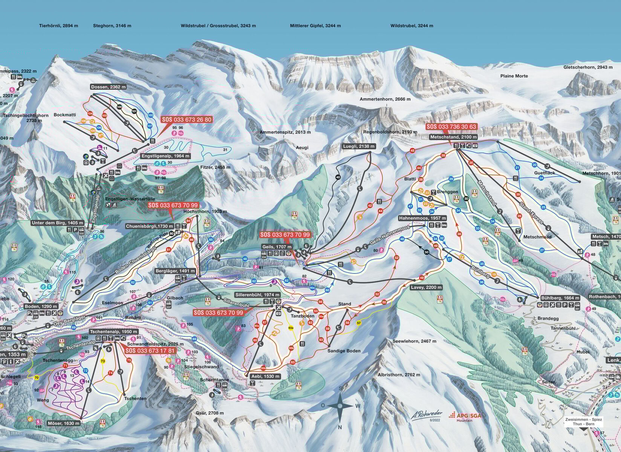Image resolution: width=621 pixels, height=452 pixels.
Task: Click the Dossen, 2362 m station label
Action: (x=109, y=87)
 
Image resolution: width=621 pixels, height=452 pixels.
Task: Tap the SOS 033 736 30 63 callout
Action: (x=451, y=127)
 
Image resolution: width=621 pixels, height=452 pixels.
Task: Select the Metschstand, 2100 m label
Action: (x=454, y=137)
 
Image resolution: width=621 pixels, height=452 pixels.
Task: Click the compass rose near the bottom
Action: (x=340, y=406)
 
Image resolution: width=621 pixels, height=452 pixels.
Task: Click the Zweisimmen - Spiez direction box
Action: (x=583, y=421)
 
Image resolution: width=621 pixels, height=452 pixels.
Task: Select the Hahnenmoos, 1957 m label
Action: (x=423, y=218)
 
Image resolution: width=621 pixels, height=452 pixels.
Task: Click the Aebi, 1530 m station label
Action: (x=266, y=376)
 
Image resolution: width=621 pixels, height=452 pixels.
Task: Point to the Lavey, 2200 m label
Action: (x=426, y=287)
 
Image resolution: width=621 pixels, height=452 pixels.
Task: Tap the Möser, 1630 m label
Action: (x=64, y=423)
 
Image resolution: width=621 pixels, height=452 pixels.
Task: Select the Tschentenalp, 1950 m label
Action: (x=110, y=331)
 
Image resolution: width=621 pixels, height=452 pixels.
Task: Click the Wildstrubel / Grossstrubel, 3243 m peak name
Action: (x=218, y=26)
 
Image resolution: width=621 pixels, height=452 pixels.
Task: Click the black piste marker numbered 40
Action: (x=338, y=177)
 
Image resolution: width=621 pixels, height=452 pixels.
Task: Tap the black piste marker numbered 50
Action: (x=427, y=252)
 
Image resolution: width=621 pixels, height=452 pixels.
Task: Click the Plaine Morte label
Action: (x=514, y=76)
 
